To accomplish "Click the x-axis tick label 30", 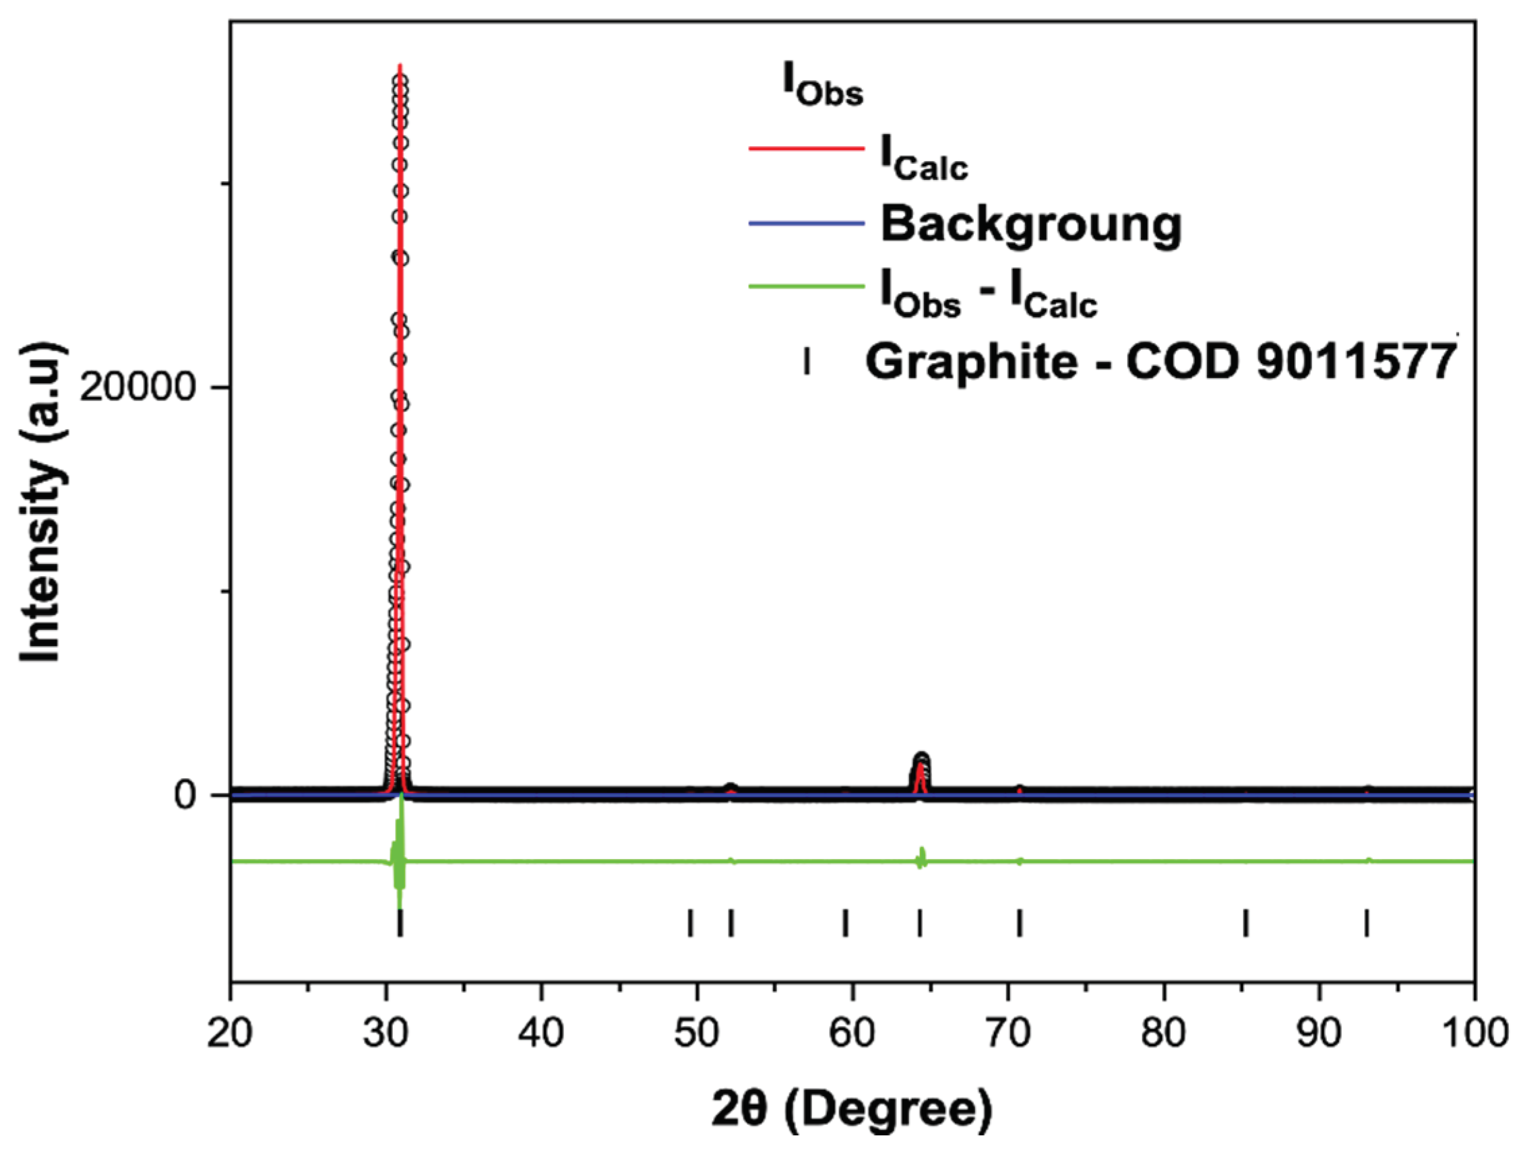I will click(x=386, y=1033).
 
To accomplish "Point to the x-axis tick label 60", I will click(x=853, y=1033).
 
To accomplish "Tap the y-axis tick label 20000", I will click(x=137, y=388).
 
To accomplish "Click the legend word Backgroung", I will click(x=1030, y=225).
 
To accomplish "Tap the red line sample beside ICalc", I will click(x=805, y=149).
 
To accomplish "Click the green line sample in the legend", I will click(x=805, y=287).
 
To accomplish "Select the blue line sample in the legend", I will click(x=805, y=222).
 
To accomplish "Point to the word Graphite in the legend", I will click(x=971, y=362).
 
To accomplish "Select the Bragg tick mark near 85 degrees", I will click(x=1245, y=922).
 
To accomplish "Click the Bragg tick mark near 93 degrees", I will click(x=1367, y=922).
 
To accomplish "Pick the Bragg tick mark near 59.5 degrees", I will click(x=846, y=922).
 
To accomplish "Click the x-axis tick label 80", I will click(x=1164, y=1033).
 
